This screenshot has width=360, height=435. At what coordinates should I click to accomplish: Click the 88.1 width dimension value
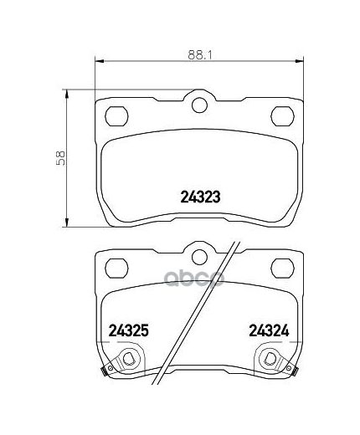coord(200,55)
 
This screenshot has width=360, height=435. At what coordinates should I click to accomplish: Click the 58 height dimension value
coord(60,158)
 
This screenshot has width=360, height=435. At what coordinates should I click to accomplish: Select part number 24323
coord(201,197)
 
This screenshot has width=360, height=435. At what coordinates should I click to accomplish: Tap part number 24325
coord(128,330)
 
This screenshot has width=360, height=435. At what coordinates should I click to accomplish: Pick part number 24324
coord(269,330)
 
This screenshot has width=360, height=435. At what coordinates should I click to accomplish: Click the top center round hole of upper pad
coord(199,105)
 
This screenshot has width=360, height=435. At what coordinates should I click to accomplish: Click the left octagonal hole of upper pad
coord(116,115)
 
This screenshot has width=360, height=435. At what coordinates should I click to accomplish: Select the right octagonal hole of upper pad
coord(283,115)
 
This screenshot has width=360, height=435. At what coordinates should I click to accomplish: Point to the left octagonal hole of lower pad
coord(116,268)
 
